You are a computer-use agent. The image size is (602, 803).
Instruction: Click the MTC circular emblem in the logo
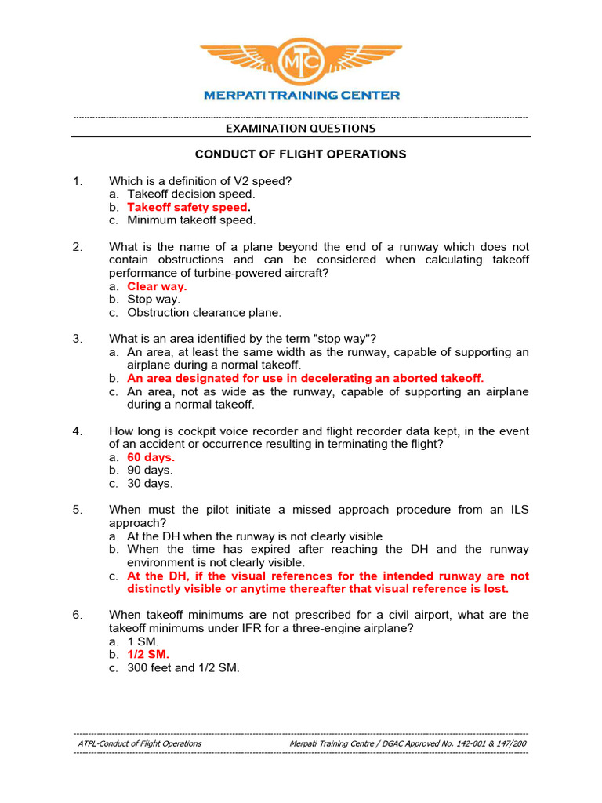pyautogui.click(x=301, y=59)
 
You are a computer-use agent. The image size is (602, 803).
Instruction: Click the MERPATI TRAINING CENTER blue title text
pyautogui.click(x=302, y=95)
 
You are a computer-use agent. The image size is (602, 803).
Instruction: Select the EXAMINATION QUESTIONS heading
pyautogui.click(x=301, y=128)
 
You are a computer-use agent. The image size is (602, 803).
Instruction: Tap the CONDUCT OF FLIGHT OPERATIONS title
pyautogui.click(x=301, y=154)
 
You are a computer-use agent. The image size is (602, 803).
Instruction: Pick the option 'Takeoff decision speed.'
pyautogui.click(x=191, y=194)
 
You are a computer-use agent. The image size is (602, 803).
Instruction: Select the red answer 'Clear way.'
pyautogui.click(x=157, y=286)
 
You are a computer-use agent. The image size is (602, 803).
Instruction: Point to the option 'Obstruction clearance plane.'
pyautogui.click(x=204, y=312)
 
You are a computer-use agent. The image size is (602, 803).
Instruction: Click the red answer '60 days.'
pyautogui.click(x=151, y=457)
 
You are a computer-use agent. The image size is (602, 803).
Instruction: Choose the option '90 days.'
pyautogui.click(x=150, y=471)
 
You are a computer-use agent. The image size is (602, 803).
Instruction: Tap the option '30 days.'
pyautogui.click(x=150, y=484)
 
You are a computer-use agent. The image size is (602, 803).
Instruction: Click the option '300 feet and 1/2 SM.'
pyautogui.click(x=183, y=668)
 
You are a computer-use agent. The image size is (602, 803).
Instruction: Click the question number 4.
pyautogui.click(x=78, y=431)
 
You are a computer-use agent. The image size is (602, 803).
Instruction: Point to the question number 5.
pyautogui.click(x=78, y=510)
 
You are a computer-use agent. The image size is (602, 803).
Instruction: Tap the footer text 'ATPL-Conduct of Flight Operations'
pyautogui.click(x=140, y=743)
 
